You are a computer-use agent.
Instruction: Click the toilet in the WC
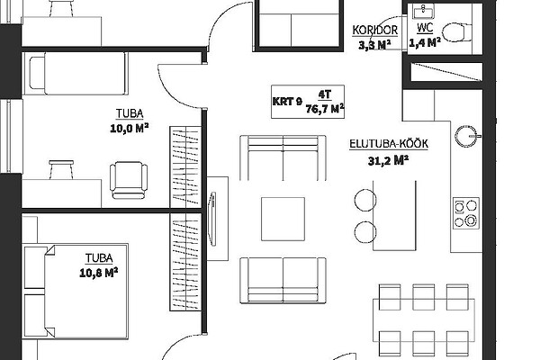pos(457,32)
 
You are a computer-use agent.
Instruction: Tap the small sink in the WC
pos(423,11)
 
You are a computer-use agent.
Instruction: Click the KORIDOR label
pos(374,30)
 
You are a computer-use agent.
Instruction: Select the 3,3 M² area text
pos(374,45)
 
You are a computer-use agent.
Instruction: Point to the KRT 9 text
pos(287,102)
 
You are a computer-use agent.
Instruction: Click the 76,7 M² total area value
pos(325,109)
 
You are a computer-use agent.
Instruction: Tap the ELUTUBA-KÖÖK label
pos(389,143)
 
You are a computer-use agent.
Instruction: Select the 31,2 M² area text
pos(388,160)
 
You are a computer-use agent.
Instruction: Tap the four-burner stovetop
pos(466,213)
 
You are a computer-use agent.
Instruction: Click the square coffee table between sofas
pos(283,219)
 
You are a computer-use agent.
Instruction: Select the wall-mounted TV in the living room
pos(212,219)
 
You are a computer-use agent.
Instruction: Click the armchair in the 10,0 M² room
pos(129,180)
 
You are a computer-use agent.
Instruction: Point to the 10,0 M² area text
pos(129,129)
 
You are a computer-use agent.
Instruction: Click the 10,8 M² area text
pos(99,273)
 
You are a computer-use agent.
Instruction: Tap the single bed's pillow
pos(37,74)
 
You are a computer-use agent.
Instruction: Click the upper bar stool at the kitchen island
pos(365,200)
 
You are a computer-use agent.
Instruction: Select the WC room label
pos(425,28)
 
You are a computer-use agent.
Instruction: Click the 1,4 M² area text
pos(425,42)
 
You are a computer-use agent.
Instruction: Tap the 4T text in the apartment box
pos(324,94)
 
